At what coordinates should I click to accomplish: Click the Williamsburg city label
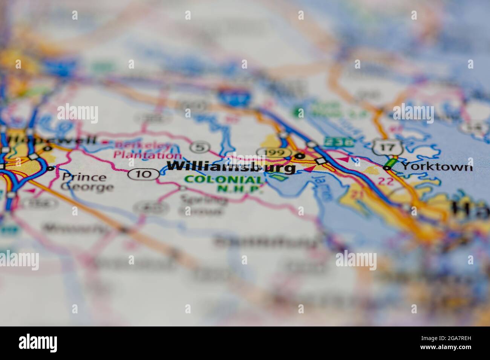[x=231, y=167]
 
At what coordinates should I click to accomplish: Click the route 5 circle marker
[x=199, y=147]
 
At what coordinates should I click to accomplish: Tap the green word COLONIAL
[x=224, y=179]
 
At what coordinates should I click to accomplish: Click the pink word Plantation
[x=147, y=154]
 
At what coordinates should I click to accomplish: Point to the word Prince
[x=84, y=177]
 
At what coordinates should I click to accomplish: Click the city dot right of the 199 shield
[x=300, y=155]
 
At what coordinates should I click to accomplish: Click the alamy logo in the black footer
[x=38, y=343]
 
